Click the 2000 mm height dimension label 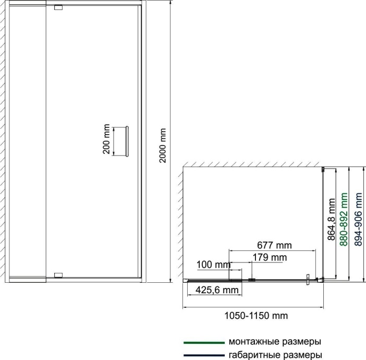tap(163, 146)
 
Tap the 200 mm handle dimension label tap(106, 139)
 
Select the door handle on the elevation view tap(127, 141)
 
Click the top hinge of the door tap(58, 7)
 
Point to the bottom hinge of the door tap(58, 275)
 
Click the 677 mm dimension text tap(274, 245)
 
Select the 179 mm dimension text tap(270, 257)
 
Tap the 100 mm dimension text tap(214, 265)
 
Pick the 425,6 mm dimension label tap(217, 290)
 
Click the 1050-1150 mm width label tap(256, 316)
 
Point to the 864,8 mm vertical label tap(332, 219)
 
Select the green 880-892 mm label tap(344, 219)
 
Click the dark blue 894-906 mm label tap(358, 219)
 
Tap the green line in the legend tap(204, 343)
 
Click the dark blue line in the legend tap(204, 355)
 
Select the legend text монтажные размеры tap(275, 342)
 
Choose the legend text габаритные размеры tap(275, 355)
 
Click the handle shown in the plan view tap(308, 280)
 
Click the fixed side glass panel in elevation tap(27, 141)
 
